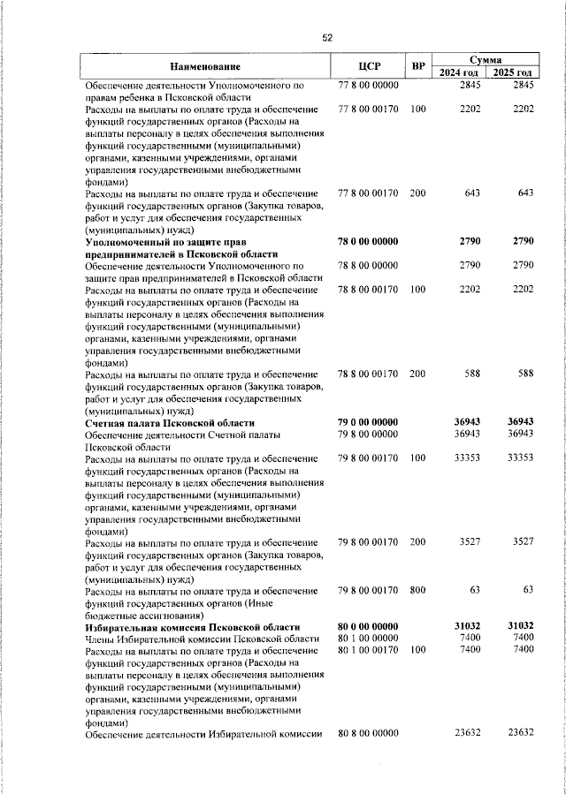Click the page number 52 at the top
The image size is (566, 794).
tap(326, 37)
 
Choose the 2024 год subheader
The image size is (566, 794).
tap(461, 72)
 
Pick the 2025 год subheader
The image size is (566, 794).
tap(514, 72)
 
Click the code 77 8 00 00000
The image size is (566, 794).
tap(369, 85)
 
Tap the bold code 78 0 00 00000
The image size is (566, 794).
tap(369, 241)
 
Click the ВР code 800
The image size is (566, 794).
tap(418, 591)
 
